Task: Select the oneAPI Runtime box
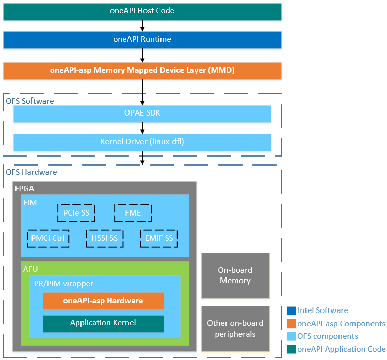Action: (142, 40)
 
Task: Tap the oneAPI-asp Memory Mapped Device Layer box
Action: (142, 71)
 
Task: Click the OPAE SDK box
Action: (142, 113)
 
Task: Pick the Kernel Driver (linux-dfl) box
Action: (142, 142)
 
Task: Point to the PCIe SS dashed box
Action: (76, 212)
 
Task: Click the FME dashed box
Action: (133, 212)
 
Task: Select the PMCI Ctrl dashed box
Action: (48, 238)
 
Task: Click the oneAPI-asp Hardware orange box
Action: (103, 301)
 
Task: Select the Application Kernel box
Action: (103, 323)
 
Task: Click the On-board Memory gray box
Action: (235, 275)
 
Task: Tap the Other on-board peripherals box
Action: (235, 328)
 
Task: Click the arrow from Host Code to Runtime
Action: (142, 26)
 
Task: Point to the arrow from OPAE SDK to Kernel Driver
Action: (142, 128)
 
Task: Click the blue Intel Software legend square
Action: (291, 310)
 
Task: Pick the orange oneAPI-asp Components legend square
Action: (291, 323)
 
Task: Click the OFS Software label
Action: (30, 101)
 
